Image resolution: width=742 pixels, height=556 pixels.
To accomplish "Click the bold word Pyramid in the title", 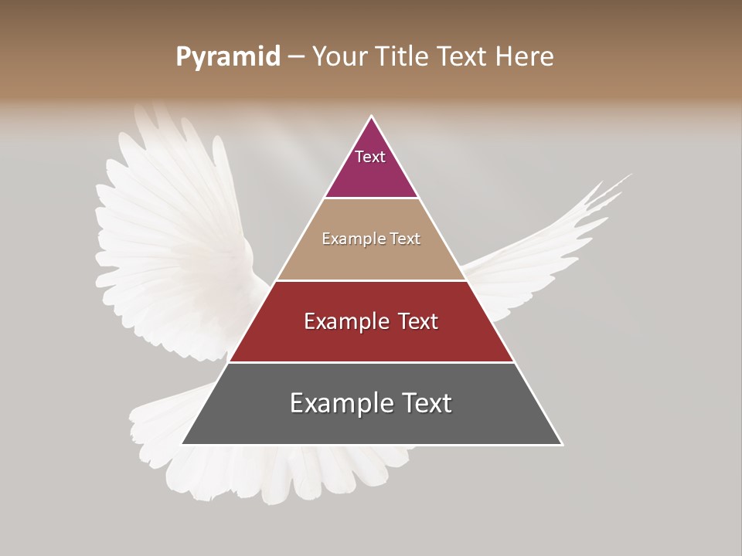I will point(227,57).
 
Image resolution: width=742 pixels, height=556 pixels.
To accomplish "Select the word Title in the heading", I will point(403,57).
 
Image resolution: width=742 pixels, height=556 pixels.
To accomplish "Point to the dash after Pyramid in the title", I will point(296,57).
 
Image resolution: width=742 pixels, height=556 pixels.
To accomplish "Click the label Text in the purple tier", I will point(370,157).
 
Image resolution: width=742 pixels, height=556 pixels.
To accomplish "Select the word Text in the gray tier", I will point(424,403).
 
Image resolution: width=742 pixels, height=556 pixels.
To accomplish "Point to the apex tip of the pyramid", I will point(372,117).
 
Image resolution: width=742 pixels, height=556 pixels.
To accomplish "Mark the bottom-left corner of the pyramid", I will point(182,444).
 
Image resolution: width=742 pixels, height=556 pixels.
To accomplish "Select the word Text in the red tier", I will point(412,321).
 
